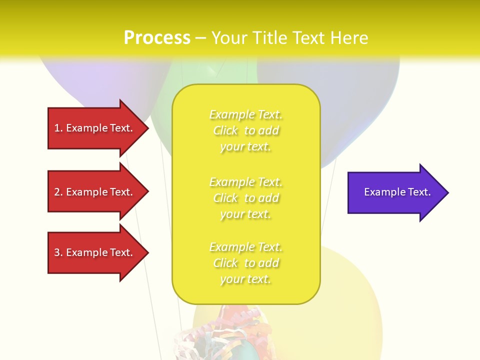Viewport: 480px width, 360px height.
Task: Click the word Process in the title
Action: click(157, 38)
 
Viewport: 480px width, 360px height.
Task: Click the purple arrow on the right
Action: click(395, 192)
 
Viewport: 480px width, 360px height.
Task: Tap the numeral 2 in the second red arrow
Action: click(57, 192)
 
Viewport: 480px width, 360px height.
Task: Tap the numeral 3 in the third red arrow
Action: click(57, 252)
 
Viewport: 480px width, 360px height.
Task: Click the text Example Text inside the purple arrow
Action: click(397, 192)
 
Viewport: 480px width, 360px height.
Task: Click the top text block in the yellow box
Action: click(245, 130)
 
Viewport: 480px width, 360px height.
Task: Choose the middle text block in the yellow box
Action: click(245, 197)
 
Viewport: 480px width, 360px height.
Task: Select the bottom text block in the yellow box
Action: click(245, 262)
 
